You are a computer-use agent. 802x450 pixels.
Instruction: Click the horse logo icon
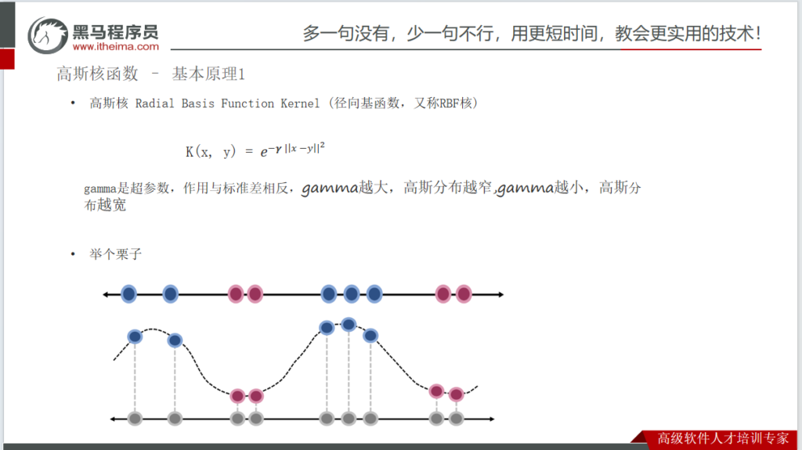48,35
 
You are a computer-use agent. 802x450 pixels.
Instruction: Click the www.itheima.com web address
116,46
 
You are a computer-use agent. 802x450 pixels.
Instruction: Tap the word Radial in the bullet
154,103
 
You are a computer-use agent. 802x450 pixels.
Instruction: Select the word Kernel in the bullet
300,103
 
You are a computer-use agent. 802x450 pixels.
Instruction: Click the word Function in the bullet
247,103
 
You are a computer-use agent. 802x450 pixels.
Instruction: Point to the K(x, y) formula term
211,151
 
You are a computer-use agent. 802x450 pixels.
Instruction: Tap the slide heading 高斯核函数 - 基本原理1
151,74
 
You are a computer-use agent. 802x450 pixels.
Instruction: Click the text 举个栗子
116,254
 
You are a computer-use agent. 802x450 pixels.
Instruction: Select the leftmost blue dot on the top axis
129,294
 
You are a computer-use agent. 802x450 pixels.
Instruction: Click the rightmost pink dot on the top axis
464,294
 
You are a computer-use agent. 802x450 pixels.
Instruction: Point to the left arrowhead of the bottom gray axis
113,419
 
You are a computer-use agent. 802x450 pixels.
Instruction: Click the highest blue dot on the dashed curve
349,324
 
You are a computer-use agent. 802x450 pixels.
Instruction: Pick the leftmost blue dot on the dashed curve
135,337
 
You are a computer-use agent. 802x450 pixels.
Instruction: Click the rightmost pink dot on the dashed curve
457,394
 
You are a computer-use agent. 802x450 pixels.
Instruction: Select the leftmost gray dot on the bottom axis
135,419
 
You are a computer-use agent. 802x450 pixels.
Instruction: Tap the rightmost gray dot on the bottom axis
457,419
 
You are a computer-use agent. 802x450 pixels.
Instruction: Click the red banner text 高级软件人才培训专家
723,438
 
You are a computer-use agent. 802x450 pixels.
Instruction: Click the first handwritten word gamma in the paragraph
330,189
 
